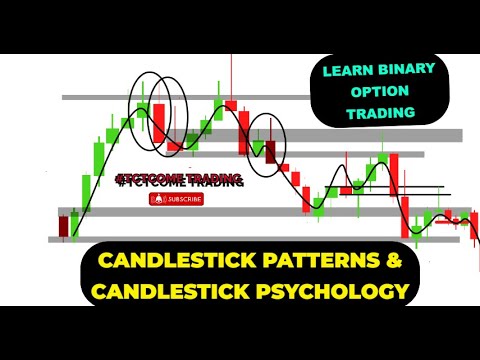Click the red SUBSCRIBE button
176,199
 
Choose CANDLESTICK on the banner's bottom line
166,292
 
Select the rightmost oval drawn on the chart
268,140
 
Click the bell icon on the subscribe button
156,199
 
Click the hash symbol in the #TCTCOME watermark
122,179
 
